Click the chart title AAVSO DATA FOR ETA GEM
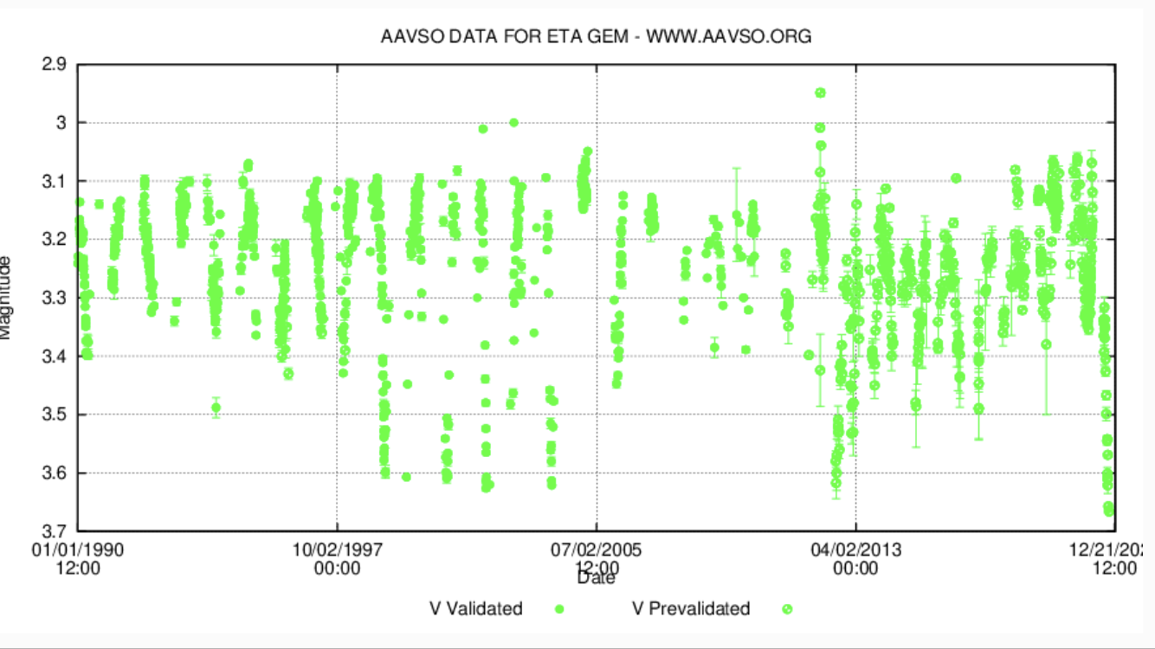click(596, 37)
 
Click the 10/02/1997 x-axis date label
click(337, 549)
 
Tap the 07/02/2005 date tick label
click(597, 549)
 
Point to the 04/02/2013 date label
click(855, 549)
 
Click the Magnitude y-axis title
click(6, 297)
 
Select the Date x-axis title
click(597, 577)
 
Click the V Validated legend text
click(476, 609)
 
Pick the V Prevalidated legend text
click(691, 609)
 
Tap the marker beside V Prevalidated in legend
click(787, 609)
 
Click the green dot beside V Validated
click(559, 609)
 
